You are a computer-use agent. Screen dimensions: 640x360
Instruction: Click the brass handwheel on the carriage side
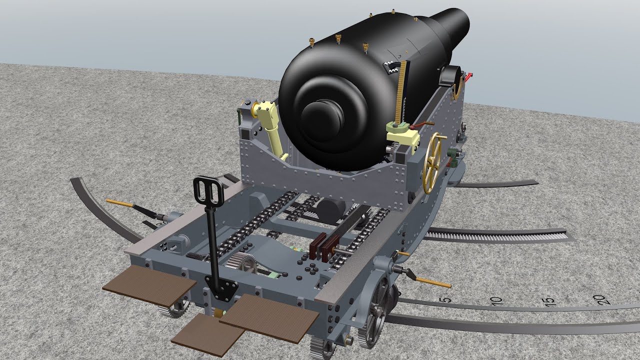(x=433, y=163)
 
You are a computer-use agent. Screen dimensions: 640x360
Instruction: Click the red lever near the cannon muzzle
(x=468, y=77)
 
